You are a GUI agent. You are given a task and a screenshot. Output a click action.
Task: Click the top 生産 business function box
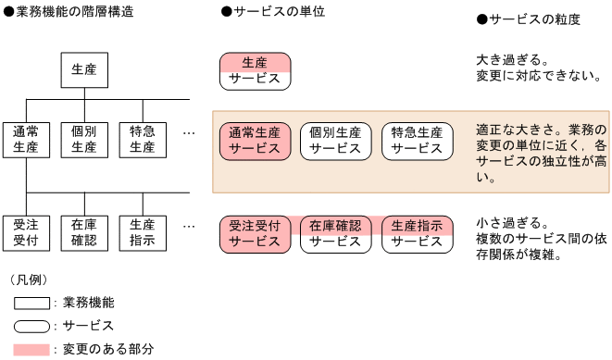[x=84, y=68]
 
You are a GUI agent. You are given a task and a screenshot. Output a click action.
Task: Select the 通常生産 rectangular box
[x=26, y=139]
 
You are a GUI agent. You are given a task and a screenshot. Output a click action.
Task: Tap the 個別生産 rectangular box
[x=84, y=139]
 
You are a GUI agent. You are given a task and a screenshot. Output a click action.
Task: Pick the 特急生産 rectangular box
[x=143, y=139]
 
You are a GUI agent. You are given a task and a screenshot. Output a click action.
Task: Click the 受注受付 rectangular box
[x=26, y=232]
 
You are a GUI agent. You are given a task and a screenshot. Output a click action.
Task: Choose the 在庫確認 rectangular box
[x=84, y=232]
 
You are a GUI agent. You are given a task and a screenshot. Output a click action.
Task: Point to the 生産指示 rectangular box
[x=143, y=232]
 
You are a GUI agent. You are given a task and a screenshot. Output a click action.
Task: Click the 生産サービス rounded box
[x=255, y=70]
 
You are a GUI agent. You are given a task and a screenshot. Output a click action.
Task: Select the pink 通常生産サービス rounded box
[x=255, y=140]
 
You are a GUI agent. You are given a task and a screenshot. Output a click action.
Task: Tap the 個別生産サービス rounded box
[x=335, y=140]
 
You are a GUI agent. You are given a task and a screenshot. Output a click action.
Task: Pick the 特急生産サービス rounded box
[x=417, y=140]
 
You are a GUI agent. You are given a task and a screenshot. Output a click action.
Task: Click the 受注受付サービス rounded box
[x=255, y=233]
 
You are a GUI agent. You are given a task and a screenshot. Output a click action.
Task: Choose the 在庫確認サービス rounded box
[x=335, y=233]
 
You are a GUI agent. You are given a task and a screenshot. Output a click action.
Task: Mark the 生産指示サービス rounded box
[x=417, y=233]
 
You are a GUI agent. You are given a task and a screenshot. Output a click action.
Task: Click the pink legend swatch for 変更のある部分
[x=32, y=349]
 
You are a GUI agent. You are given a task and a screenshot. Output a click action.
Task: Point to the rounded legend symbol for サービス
[x=32, y=326]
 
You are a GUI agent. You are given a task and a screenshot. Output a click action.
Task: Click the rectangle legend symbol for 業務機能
[x=32, y=303]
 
